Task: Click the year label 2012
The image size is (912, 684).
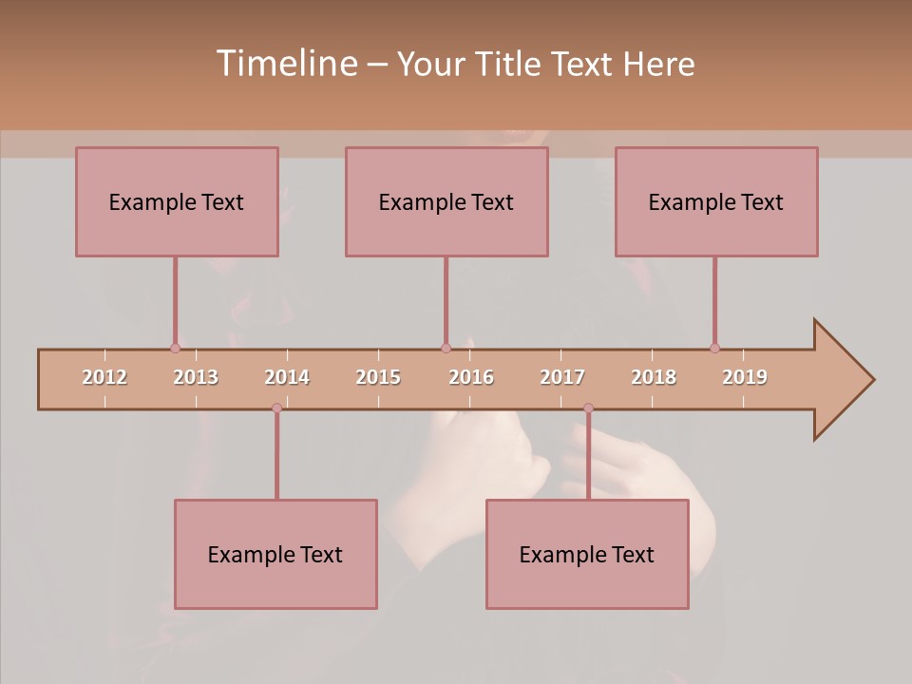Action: pyautogui.click(x=104, y=377)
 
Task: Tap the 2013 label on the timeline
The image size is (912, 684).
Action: pyautogui.click(x=196, y=377)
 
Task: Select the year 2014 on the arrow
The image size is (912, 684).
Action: pyautogui.click(x=287, y=377)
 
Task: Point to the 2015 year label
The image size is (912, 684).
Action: pyautogui.click(x=378, y=377)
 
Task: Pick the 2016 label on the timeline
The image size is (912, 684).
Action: pyautogui.click(x=471, y=377)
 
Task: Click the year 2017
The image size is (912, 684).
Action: pyautogui.click(x=562, y=377)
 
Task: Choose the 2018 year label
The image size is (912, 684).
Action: pyautogui.click(x=654, y=377)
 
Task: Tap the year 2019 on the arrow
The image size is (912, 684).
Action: pyautogui.click(x=745, y=377)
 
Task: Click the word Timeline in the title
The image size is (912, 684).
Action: pyautogui.click(x=285, y=64)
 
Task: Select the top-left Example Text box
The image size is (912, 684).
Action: pyautogui.click(x=177, y=201)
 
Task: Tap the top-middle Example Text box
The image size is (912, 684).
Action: pyautogui.click(x=446, y=201)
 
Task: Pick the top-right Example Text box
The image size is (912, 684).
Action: pyautogui.click(x=716, y=201)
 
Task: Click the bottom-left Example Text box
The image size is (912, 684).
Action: pyautogui.click(x=275, y=554)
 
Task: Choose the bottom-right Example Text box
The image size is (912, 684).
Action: pyautogui.click(x=587, y=554)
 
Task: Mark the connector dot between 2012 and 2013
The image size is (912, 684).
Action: pyautogui.click(x=175, y=348)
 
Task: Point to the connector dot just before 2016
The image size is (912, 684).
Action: pyautogui.click(x=446, y=348)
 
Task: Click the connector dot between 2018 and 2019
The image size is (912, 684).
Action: pyautogui.click(x=714, y=348)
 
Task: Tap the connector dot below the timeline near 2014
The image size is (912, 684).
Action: pyautogui.click(x=276, y=408)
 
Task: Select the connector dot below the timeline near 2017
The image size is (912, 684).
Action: pyautogui.click(x=588, y=408)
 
